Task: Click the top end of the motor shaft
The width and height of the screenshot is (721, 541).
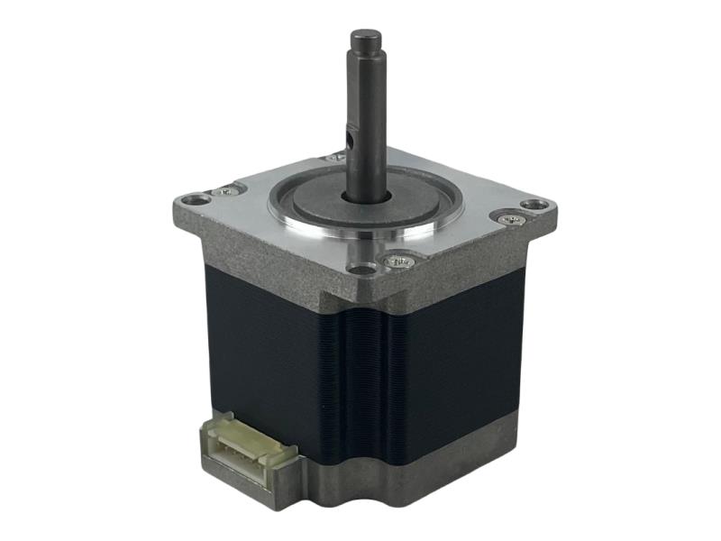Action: [366, 38]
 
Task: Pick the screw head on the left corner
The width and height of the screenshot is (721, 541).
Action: [224, 191]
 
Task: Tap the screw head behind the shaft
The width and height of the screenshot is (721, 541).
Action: [335, 157]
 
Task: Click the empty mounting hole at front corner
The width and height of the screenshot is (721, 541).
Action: [362, 269]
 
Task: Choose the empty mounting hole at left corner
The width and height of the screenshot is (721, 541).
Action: [191, 199]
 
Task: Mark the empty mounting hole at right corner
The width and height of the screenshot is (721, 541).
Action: [534, 205]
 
